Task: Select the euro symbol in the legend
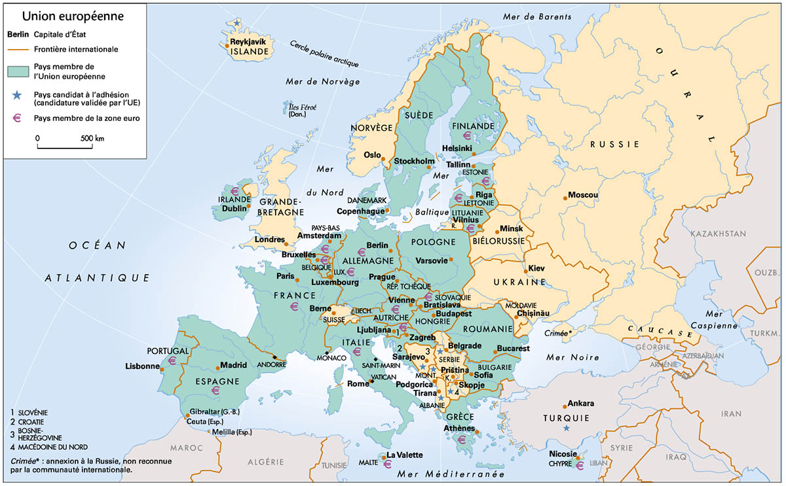click(15, 118)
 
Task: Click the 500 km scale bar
click(69, 144)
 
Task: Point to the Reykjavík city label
click(248, 42)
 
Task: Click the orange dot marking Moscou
click(564, 196)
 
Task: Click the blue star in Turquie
click(567, 428)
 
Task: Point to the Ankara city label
click(581, 403)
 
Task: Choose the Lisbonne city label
click(142, 366)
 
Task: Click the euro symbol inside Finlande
click(467, 135)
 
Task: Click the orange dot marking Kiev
click(525, 271)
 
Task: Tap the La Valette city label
click(405, 455)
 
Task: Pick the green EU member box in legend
click(16, 71)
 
